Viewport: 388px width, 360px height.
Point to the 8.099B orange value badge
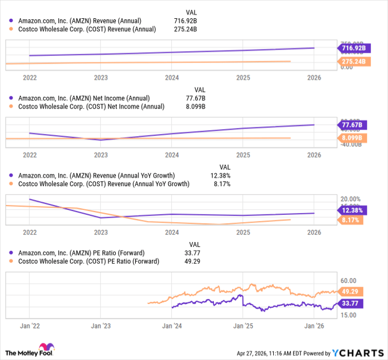(351, 138)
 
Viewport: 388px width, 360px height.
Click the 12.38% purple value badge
(351, 210)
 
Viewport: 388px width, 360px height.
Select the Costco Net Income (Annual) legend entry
(91, 106)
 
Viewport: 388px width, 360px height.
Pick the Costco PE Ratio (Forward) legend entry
(89, 261)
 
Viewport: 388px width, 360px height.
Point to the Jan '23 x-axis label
(100, 326)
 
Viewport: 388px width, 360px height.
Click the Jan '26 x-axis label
(314, 326)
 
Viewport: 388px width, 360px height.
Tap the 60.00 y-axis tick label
(348, 281)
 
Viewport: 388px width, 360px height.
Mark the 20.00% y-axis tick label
(350, 199)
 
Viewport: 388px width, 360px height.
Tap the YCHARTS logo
(358, 353)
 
